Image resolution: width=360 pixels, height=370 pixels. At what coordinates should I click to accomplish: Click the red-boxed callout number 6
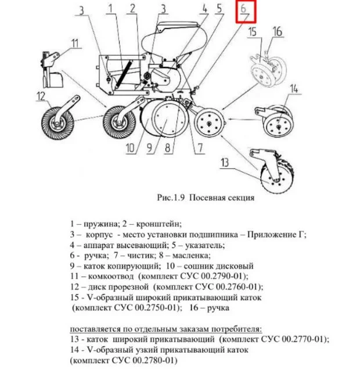point(245,11)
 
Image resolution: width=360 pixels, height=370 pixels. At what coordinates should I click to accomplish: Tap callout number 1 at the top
point(110,8)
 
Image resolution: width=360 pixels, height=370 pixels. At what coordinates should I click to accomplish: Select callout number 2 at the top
point(133,8)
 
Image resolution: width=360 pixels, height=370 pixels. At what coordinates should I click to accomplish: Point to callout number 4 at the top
point(204,8)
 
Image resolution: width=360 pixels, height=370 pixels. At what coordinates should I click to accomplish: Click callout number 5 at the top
point(219,8)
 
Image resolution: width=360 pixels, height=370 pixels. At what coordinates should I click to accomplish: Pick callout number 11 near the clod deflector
point(75,43)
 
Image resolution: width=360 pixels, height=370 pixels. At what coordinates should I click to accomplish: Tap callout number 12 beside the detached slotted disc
point(40,96)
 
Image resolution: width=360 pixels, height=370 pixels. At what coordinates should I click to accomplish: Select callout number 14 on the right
point(294,88)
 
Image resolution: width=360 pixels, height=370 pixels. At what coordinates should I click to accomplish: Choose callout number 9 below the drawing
point(149,148)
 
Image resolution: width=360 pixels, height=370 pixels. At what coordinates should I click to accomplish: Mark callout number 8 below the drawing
point(168,148)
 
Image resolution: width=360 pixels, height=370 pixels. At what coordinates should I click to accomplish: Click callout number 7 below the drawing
point(200,148)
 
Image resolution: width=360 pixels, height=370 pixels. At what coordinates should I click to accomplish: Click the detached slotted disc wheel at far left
point(57,123)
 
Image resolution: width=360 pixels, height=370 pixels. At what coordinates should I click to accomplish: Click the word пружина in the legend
point(96,223)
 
